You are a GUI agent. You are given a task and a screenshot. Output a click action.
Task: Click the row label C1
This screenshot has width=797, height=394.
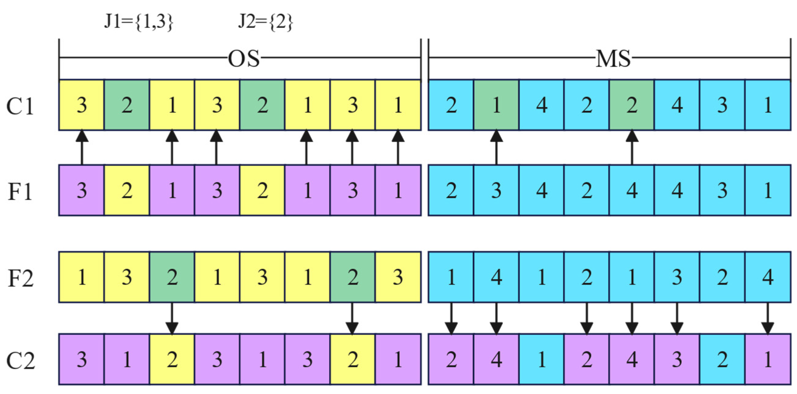pyautogui.click(x=20, y=106)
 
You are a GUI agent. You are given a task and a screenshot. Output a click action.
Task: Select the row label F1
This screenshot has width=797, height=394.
pyautogui.click(x=20, y=191)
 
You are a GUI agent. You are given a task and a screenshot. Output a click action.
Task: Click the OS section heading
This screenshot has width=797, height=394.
pyautogui.click(x=244, y=59)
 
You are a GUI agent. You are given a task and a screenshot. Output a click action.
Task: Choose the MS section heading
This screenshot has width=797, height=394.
pyautogui.click(x=613, y=59)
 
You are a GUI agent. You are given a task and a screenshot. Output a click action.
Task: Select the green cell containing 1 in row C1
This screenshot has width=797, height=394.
pyautogui.click(x=496, y=105)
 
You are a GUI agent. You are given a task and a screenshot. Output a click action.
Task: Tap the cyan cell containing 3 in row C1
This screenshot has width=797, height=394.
pyautogui.click(x=722, y=105)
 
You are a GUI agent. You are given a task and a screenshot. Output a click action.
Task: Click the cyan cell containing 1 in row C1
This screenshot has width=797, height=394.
pyautogui.click(x=768, y=105)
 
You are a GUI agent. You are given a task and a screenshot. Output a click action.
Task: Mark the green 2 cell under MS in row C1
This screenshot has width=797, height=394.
pyautogui.click(x=632, y=105)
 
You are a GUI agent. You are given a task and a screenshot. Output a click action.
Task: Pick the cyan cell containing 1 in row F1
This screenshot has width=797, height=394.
pyautogui.click(x=768, y=190)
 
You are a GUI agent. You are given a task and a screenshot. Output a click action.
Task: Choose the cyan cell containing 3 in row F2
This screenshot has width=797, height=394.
pyautogui.click(x=677, y=277)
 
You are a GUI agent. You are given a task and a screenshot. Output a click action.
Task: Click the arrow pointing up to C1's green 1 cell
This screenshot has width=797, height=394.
pyautogui.click(x=496, y=148)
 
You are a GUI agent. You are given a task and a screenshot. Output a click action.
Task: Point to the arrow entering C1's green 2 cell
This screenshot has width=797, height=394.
pyautogui.click(x=632, y=148)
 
